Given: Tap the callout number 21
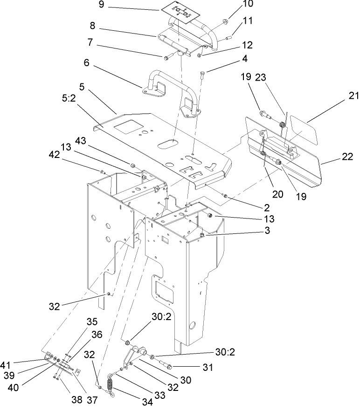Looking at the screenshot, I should click(352, 96).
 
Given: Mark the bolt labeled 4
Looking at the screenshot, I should click(202, 75).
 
